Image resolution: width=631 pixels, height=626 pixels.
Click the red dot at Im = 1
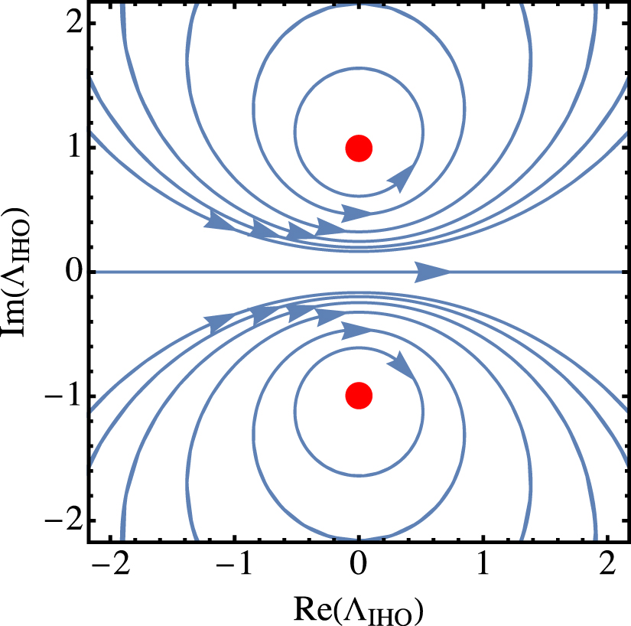click(359, 148)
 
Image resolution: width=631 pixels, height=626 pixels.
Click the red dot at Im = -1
click(359, 396)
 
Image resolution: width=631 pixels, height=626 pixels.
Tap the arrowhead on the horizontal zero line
click(434, 272)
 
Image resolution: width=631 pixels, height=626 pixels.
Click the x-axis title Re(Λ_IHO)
click(359, 609)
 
